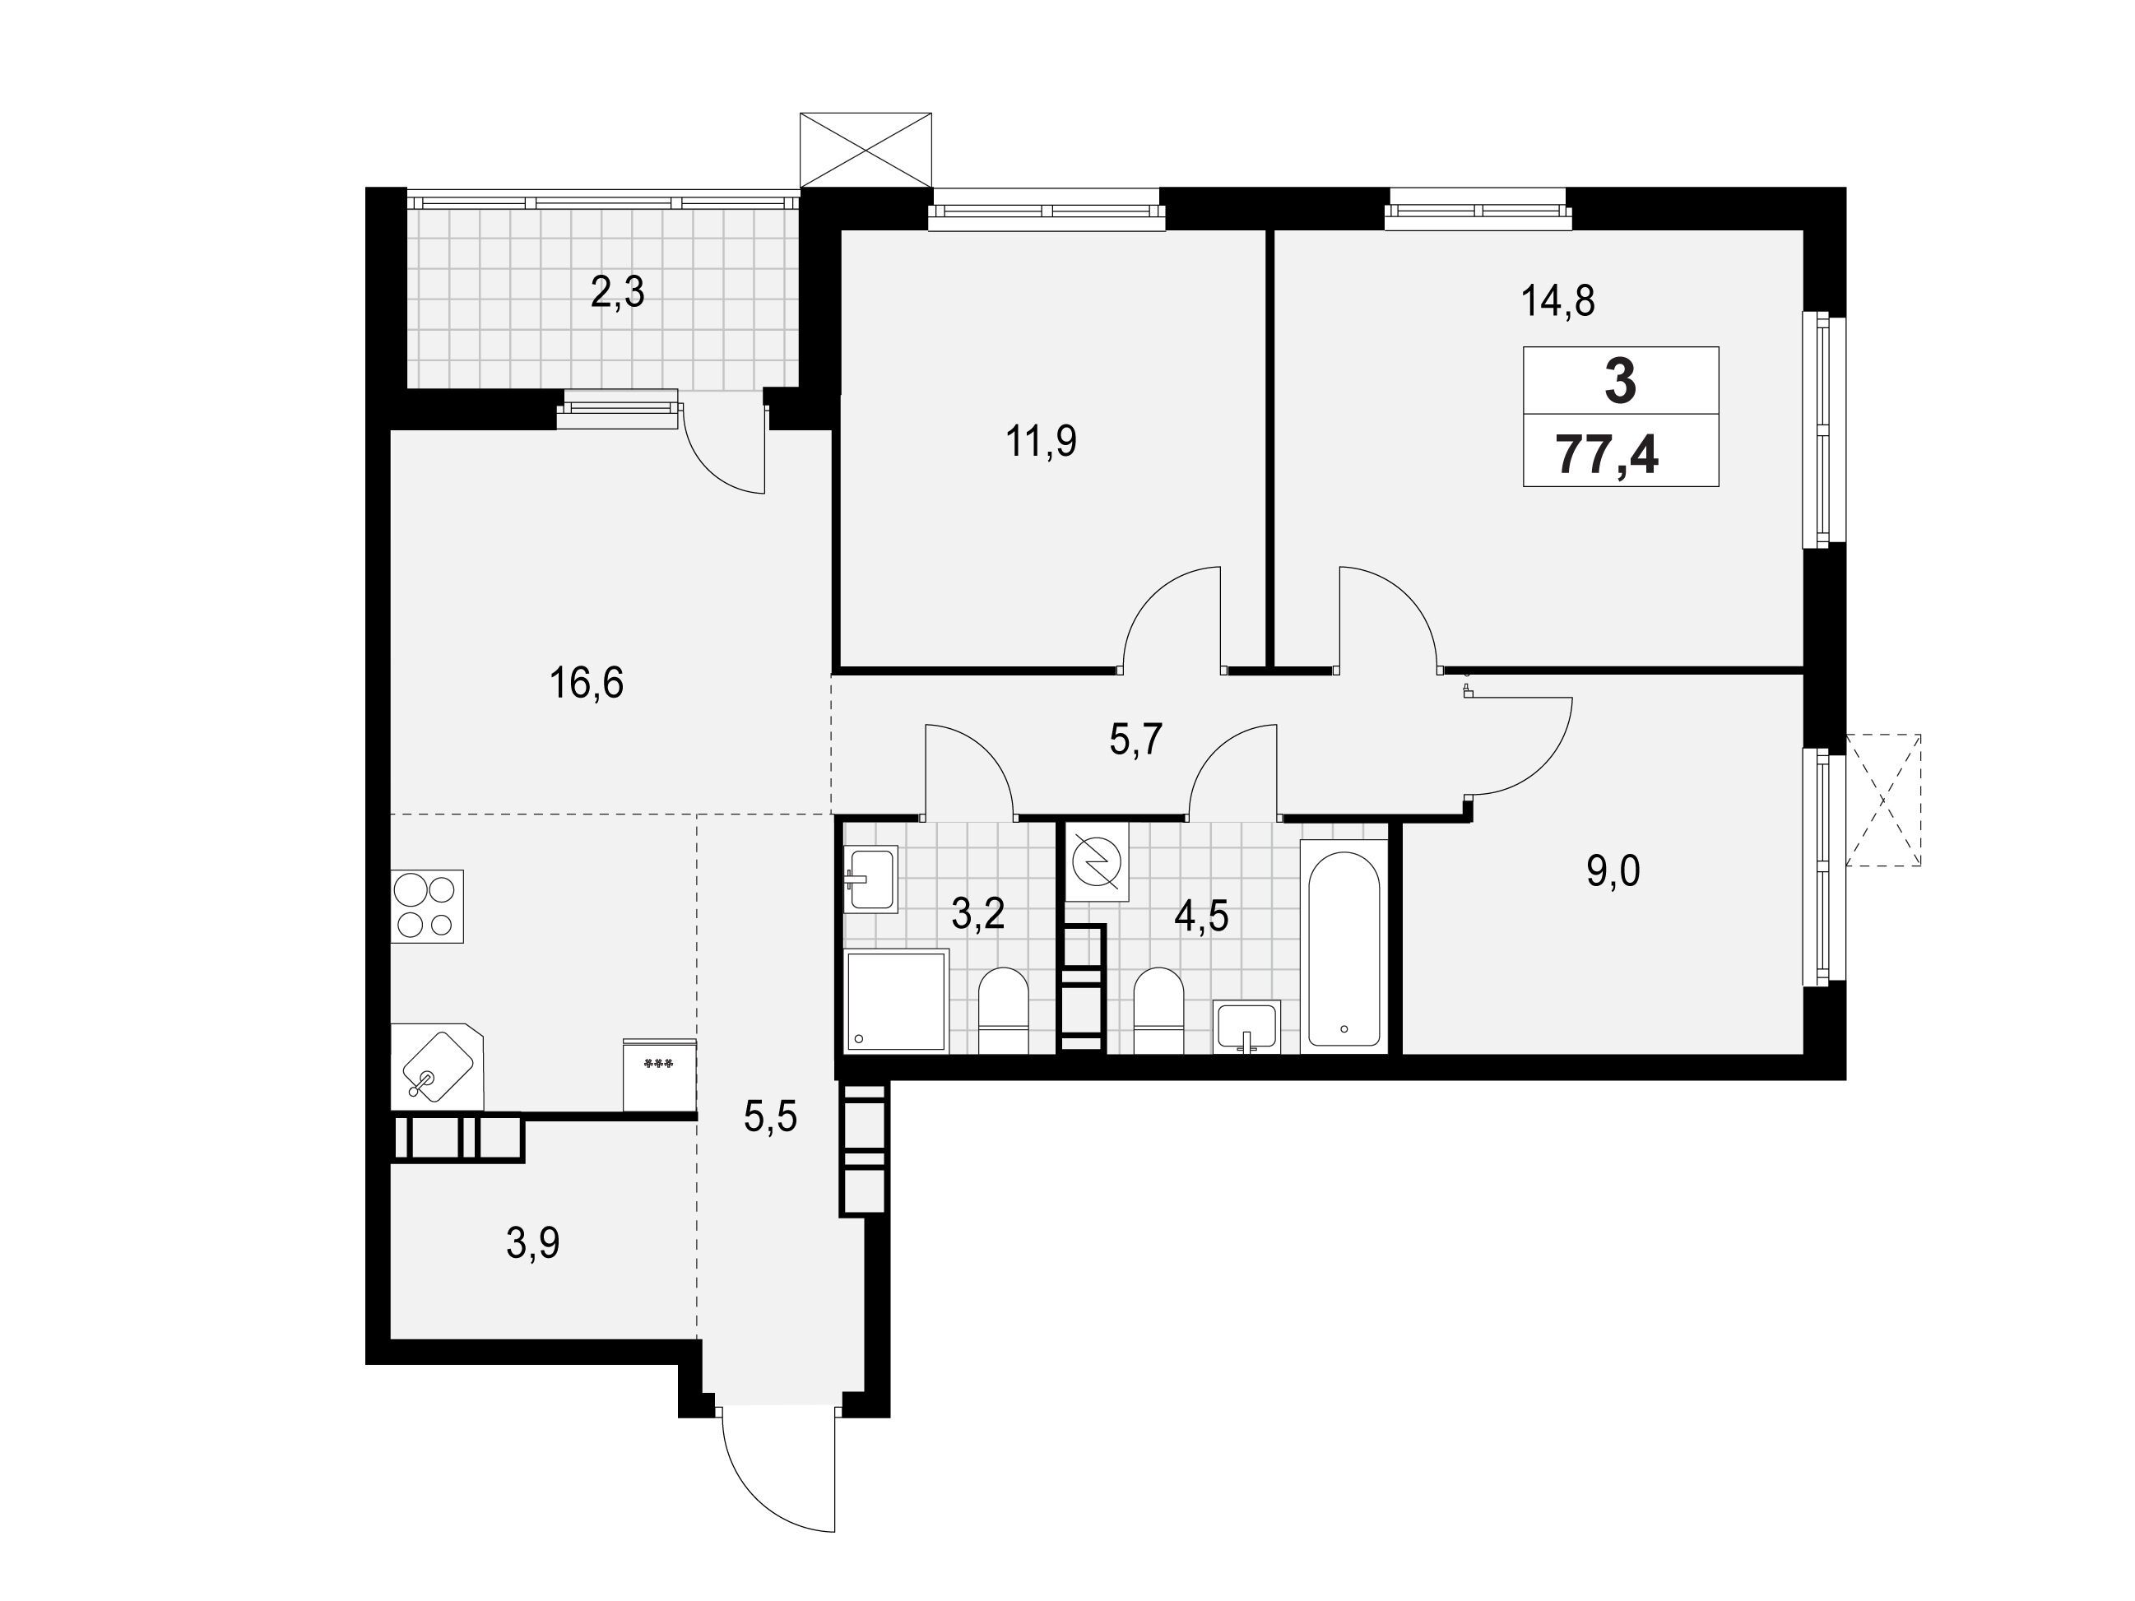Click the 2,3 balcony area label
[x=617, y=291]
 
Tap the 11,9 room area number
[x=1041, y=441]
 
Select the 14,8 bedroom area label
[x=1557, y=301]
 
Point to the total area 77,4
[x=1608, y=456]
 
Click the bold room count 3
[x=1621, y=380]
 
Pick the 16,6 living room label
[x=586, y=683]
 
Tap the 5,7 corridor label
[x=1135, y=740]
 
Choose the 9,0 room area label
[x=1613, y=872]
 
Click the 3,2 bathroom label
[x=977, y=913]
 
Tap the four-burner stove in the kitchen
[x=428, y=906]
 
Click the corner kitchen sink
[x=437, y=1066]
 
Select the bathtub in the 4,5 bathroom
[x=1344, y=946]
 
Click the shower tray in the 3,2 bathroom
[x=897, y=1000]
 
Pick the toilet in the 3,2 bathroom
[x=1004, y=1010]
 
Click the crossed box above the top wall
[x=866, y=150]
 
